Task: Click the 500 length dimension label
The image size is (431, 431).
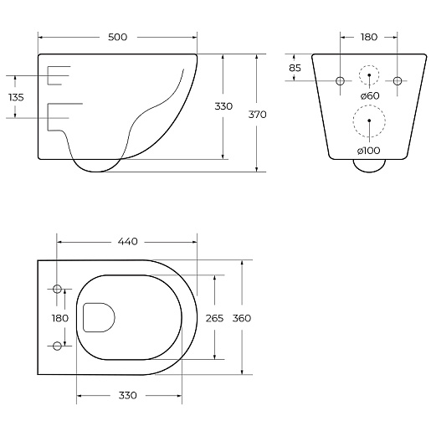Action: coord(117,37)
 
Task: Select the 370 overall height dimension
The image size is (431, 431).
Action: coord(257,115)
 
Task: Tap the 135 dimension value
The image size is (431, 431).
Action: coord(16,97)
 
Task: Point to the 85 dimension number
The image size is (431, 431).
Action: coord(295,68)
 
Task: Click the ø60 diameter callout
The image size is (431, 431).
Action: coord(370,95)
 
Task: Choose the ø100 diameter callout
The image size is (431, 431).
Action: coord(368,151)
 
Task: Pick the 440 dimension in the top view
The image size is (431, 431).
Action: coord(128,241)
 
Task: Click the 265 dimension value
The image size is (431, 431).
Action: coord(214,318)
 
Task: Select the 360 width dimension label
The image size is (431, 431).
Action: coord(242,318)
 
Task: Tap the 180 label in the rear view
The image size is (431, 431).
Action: coord(369,37)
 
